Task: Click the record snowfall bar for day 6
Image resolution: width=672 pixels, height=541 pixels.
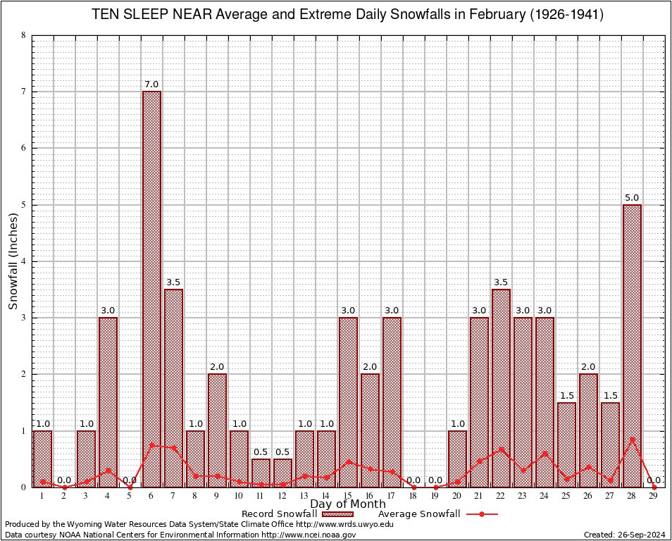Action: point(151,289)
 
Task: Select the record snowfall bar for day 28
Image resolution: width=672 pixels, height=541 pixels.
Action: point(632,345)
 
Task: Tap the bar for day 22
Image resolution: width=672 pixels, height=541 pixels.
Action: point(501,387)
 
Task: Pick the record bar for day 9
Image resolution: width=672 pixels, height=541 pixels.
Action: point(217,430)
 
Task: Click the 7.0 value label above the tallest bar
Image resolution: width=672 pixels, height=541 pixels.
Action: point(151,85)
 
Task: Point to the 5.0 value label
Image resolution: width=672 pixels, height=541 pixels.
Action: point(632,198)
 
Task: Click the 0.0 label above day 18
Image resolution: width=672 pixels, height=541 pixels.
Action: point(413,480)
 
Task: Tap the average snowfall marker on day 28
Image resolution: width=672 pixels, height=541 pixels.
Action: point(632,440)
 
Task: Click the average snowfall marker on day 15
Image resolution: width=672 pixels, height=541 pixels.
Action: point(348,462)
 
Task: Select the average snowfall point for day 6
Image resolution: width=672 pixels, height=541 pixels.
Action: point(151,445)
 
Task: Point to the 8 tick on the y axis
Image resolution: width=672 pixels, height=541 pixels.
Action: point(24,35)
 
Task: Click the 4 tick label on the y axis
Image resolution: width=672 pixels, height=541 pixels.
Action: point(24,261)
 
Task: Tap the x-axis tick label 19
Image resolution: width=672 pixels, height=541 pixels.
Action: point(435,497)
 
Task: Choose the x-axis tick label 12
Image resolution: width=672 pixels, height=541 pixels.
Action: point(282,497)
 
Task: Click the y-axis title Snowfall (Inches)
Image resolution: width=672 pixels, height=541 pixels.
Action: point(13,261)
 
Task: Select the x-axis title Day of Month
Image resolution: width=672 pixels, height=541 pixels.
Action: point(347,504)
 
